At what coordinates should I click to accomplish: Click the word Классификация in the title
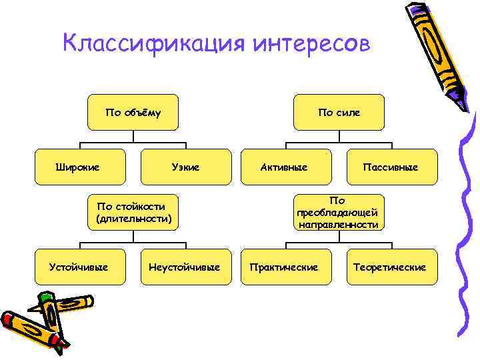click(x=153, y=43)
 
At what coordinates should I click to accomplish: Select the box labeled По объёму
click(x=133, y=112)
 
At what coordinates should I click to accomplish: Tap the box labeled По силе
click(x=339, y=112)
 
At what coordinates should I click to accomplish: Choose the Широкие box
click(x=77, y=167)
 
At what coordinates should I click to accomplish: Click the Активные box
click(x=283, y=167)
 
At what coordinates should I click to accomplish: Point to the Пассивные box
click(x=391, y=167)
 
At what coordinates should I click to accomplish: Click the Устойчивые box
click(x=79, y=267)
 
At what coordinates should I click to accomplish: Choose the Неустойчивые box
click(x=185, y=267)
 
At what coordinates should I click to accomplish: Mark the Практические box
click(x=283, y=267)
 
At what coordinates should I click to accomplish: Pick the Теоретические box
click(x=390, y=267)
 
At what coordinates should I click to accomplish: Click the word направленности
click(x=339, y=225)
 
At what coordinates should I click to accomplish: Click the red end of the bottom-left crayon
click(x=63, y=346)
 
